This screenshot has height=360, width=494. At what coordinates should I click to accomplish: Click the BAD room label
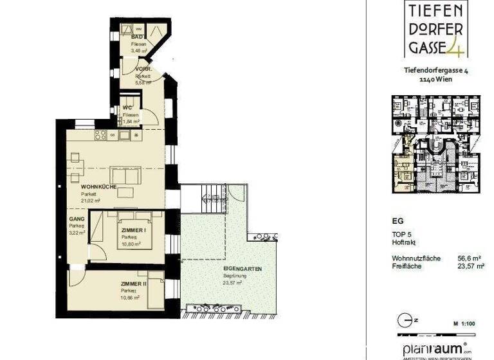[136, 38]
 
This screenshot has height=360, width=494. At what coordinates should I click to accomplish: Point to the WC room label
[128, 108]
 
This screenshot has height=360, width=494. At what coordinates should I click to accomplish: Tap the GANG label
[76, 219]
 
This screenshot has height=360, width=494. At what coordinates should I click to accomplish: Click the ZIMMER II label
[134, 283]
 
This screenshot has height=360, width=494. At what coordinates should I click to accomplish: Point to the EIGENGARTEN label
[242, 269]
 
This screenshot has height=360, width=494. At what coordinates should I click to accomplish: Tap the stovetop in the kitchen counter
[100, 135]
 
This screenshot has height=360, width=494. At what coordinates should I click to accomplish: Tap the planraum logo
[432, 348]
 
